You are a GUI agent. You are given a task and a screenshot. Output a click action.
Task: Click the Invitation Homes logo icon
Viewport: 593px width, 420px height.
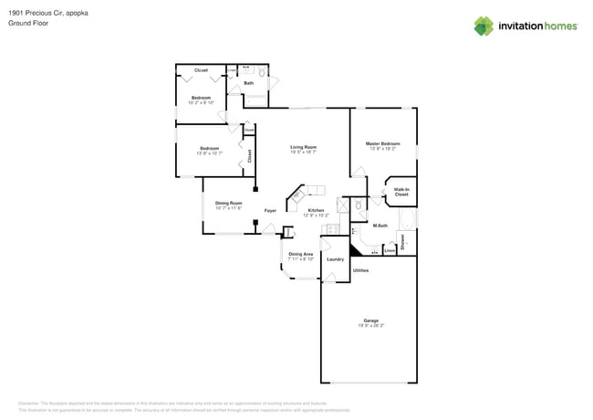(484, 26)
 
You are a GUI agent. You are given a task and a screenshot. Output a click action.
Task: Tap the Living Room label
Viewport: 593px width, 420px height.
(303, 147)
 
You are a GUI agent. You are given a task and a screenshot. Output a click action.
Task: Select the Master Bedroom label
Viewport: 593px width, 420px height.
(383, 143)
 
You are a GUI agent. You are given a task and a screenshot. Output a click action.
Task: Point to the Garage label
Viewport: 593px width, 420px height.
(370, 320)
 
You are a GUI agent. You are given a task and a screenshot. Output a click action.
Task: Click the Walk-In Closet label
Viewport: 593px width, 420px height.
(401, 192)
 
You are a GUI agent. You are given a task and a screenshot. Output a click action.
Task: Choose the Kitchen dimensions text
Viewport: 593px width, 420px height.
(316, 215)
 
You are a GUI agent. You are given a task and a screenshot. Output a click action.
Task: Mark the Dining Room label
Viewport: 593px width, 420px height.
(228, 203)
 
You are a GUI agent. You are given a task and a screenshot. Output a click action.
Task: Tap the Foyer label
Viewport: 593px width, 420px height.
(270, 211)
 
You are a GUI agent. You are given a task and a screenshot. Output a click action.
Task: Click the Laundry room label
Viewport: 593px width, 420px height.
(335, 259)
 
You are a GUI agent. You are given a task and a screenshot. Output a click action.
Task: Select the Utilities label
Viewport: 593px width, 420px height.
(360, 270)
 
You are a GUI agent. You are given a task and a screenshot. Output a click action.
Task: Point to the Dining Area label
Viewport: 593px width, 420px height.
(301, 254)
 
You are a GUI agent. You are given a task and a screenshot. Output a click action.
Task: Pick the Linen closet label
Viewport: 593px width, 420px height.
(390, 249)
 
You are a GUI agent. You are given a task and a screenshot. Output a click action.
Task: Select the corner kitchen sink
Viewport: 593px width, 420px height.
(296, 195)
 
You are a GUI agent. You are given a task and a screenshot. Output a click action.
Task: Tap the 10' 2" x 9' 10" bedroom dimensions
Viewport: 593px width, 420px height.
(201, 102)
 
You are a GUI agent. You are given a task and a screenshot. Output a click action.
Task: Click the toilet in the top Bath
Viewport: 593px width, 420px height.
(263, 71)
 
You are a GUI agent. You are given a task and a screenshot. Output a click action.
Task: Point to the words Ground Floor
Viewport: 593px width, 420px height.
(28, 24)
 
